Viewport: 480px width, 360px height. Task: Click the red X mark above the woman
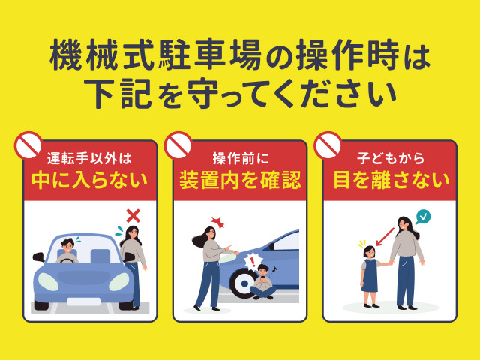point(133,216)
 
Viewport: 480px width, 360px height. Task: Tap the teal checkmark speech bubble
point(423,217)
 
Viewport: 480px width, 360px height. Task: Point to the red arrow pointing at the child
point(385,237)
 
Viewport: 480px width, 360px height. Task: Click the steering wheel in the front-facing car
point(67,260)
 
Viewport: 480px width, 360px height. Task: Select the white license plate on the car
point(83,301)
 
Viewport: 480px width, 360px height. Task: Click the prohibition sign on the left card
point(28,145)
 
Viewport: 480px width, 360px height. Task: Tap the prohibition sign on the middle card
point(178,145)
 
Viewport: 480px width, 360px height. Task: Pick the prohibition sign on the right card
point(328,145)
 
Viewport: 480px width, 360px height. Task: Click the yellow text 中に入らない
point(90,181)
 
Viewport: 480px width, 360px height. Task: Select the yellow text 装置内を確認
point(240,181)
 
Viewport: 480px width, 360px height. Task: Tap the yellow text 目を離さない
point(391,181)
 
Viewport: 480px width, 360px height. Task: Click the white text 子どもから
point(391,158)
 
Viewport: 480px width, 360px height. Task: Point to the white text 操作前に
point(241,158)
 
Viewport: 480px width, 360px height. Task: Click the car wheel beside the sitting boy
point(242,283)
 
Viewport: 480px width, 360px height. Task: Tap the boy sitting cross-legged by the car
point(262,282)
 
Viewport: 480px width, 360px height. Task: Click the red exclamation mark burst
point(252,262)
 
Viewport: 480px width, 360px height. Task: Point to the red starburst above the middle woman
point(217,223)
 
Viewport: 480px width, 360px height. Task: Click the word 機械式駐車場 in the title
point(155,57)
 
